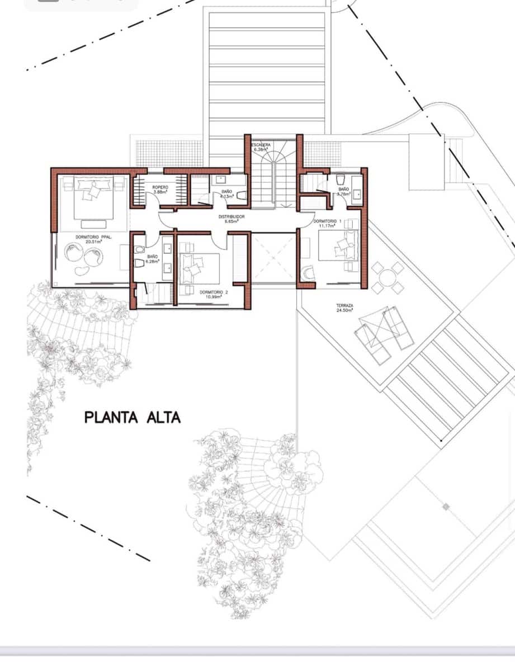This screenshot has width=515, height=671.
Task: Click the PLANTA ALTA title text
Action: [133, 417]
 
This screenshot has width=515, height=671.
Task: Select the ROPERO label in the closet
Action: [160, 187]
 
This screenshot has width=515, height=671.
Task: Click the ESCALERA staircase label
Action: [262, 145]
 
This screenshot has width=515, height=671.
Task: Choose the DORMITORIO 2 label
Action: [214, 292]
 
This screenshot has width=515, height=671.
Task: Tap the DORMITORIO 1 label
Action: [328, 221]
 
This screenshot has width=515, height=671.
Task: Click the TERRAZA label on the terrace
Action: [344, 305]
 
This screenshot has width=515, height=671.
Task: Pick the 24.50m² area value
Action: [344, 310]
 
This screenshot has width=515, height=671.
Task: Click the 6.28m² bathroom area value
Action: [153, 261]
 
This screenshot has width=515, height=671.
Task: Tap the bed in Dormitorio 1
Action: [339, 248]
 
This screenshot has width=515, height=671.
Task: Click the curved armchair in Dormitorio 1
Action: [308, 273]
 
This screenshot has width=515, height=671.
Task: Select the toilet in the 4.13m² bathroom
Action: [242, 195]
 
